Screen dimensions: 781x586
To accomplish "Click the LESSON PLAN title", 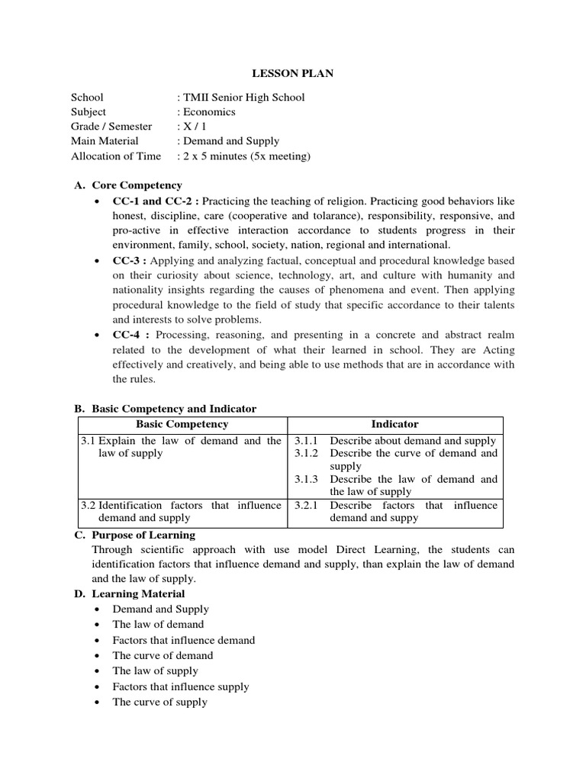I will [x=293, y=73].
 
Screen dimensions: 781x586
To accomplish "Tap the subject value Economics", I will [x=208, y=111].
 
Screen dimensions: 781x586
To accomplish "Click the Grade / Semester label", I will [x=111, y=127].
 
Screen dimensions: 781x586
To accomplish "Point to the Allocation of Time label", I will [x=116, y=156].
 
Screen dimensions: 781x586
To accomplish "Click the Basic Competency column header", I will [x=182, y=424].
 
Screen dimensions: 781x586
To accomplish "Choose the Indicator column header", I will [x=394, y=424].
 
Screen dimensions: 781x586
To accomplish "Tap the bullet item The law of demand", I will [x=158, y=625].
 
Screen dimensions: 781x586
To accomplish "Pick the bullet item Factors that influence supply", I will [x=181, y=686].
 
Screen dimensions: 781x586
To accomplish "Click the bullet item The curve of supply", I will [x=159, y=702].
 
